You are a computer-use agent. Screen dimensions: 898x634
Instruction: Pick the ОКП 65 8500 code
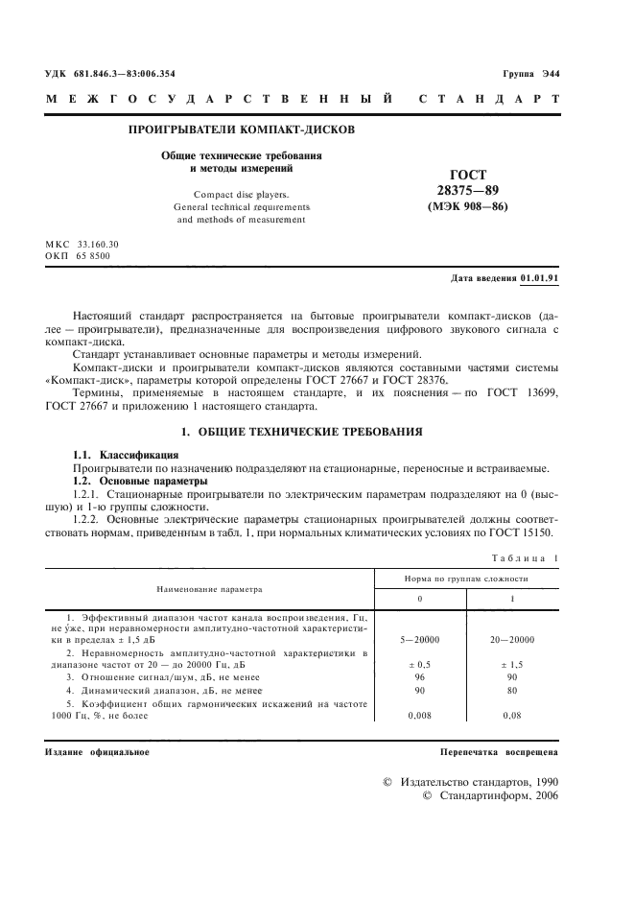78,256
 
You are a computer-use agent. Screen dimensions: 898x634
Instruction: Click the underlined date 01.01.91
540,279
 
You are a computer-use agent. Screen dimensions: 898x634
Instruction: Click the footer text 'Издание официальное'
97,751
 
